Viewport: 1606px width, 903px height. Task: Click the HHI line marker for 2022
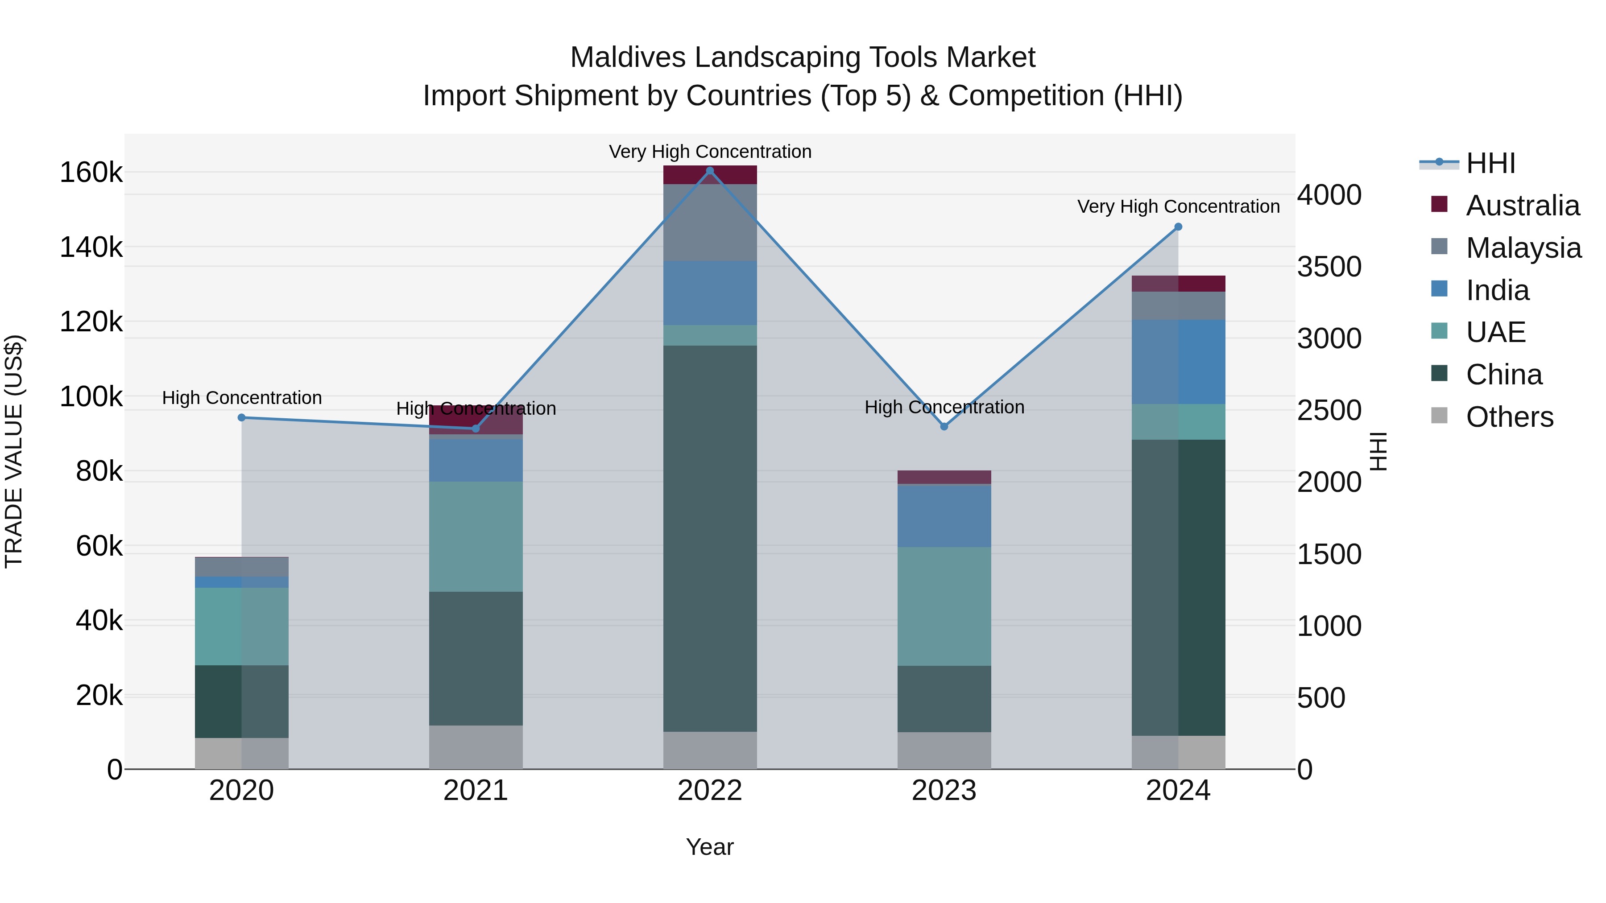tap(709, 171)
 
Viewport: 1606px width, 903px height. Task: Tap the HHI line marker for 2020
tap(242, 417)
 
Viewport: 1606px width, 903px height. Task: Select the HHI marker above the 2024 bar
tap(1178, 227)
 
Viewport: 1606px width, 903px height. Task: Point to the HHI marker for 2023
tap(944, 427)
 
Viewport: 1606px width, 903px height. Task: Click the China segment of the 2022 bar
tap(709, 536)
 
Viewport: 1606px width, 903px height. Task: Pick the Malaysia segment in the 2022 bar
tap(709, 223)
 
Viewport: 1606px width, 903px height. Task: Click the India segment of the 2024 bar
tap(1178, 362)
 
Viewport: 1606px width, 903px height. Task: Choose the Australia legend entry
tap(1522, 206)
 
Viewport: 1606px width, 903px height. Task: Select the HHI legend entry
tap(1490, 163)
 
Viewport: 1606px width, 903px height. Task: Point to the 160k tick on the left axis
tap(91, 173)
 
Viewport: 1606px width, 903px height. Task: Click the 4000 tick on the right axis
tap(1329, 195)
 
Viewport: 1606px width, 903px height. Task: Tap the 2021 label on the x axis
tap(476, 791)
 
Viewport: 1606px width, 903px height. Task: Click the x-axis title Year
tap(709, 847)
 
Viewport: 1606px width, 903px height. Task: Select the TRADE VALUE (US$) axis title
tap(14, 451)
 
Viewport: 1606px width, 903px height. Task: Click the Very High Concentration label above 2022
tap(709, 152)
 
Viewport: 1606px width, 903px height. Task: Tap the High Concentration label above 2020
tap(242, 398)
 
